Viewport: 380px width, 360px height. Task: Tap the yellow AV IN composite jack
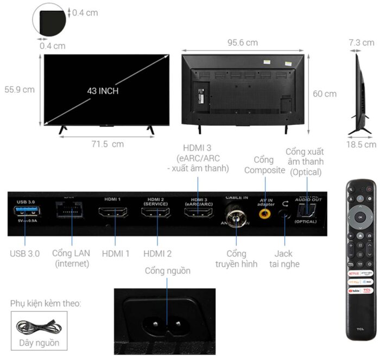265,214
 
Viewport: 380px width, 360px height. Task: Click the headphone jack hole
284,214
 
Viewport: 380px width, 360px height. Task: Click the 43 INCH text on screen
103,91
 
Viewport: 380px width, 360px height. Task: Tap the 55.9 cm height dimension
20,89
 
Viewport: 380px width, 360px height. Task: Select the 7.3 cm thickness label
362,42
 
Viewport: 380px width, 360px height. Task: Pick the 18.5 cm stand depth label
362,144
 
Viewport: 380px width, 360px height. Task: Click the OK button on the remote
360,217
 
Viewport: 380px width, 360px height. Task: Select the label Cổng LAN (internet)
71,259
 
